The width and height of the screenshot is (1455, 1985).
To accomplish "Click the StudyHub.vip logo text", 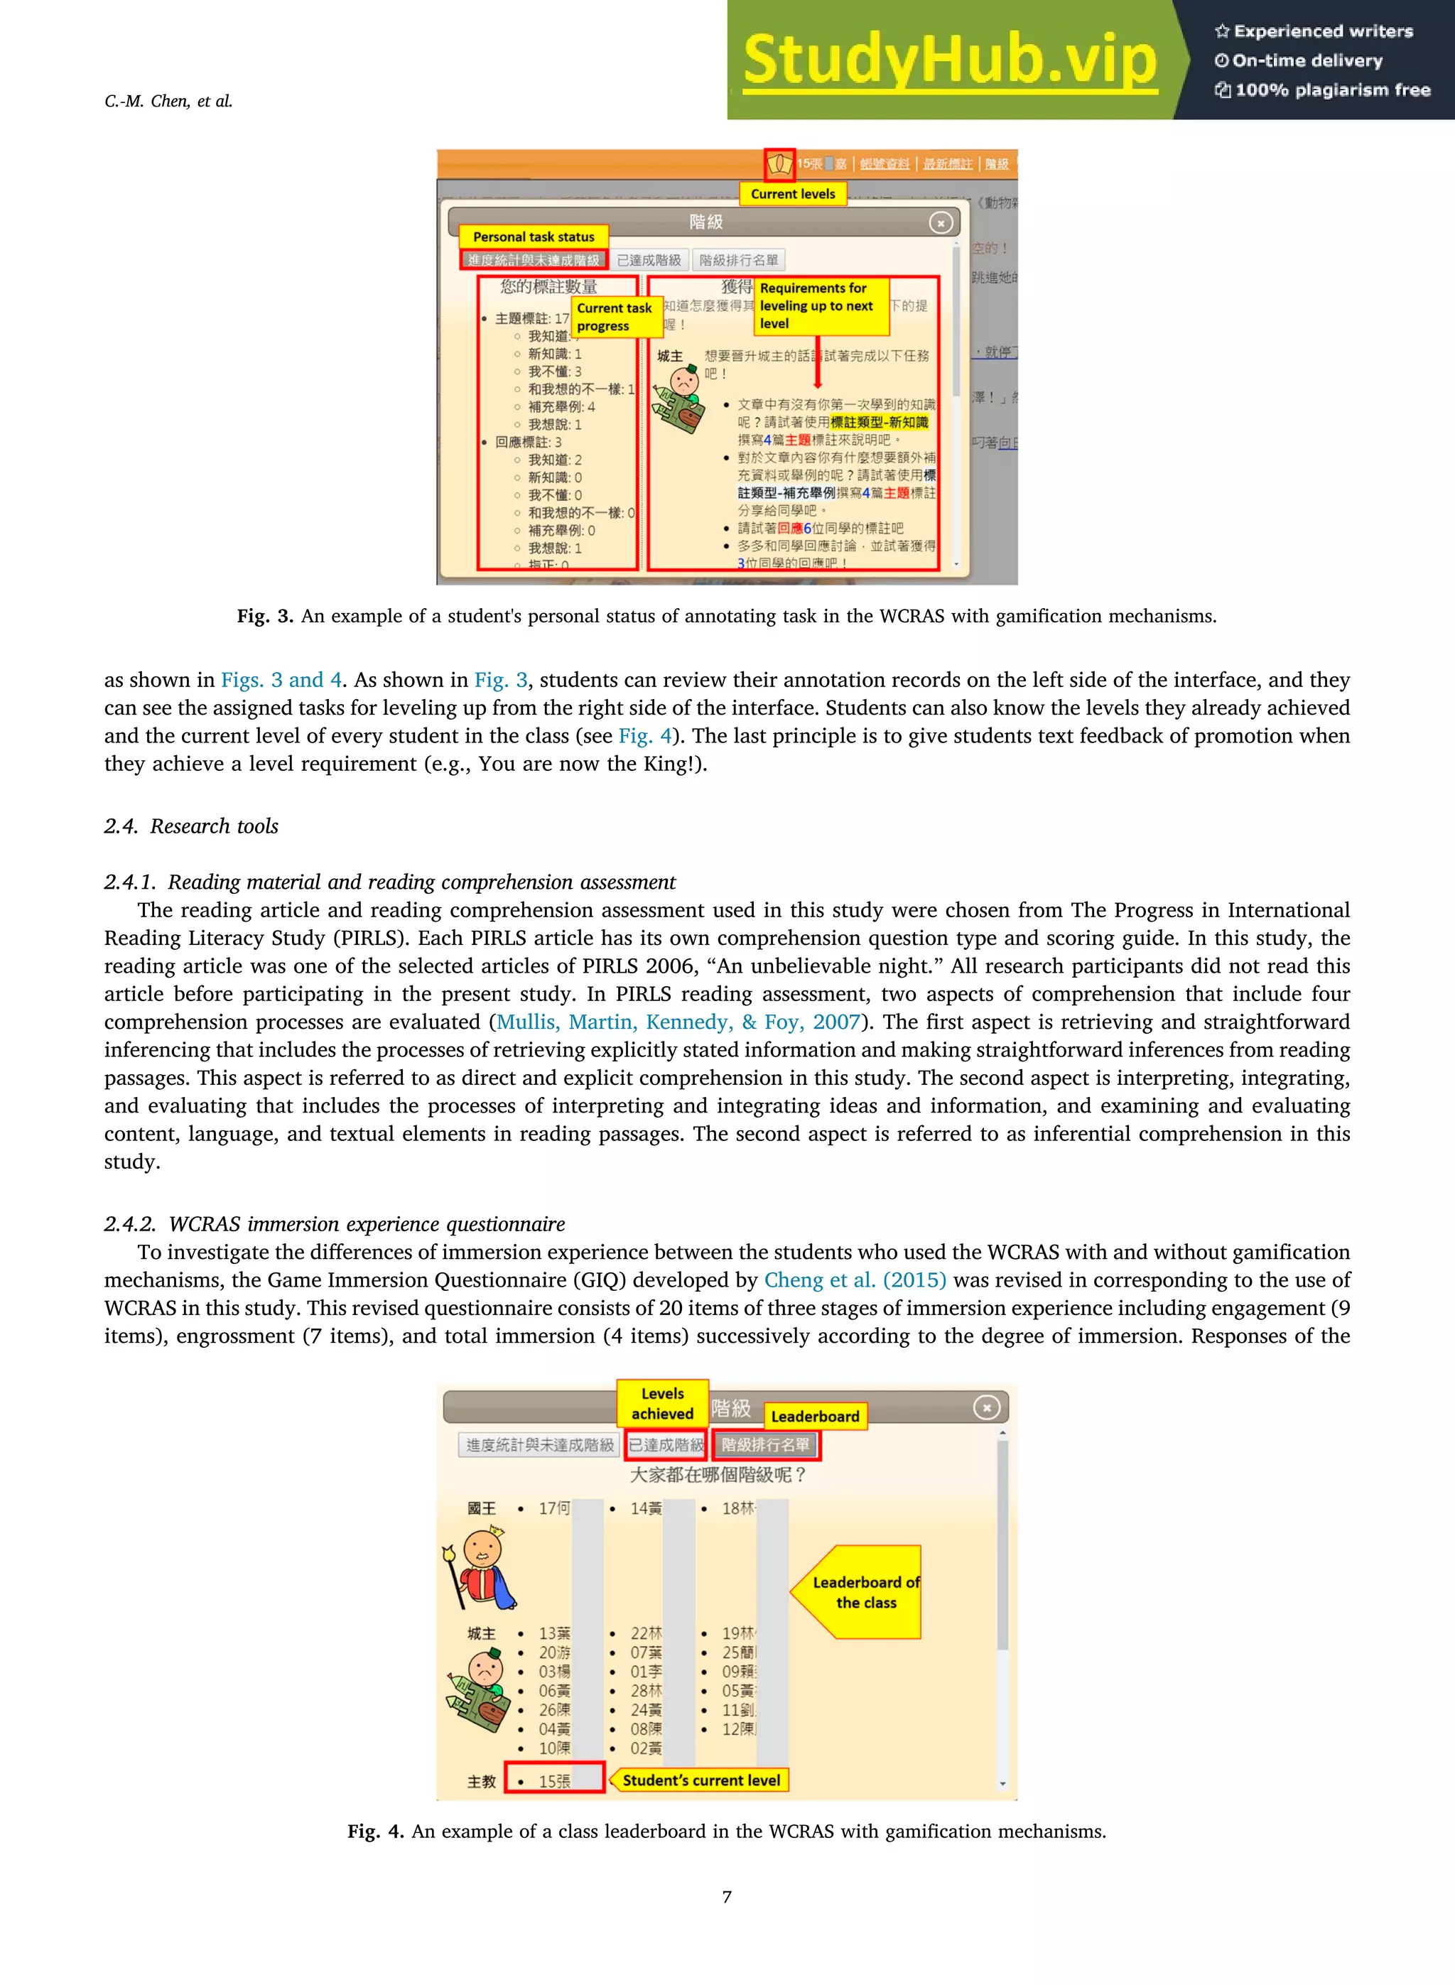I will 949,60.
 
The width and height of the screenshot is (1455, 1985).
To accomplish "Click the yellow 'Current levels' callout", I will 793,194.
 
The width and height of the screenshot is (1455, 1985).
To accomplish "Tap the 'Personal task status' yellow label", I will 533,237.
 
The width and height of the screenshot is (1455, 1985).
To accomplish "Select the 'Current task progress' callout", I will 615,317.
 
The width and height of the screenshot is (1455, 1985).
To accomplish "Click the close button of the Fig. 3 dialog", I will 941,223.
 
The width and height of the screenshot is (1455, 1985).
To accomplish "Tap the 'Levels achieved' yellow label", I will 662,1404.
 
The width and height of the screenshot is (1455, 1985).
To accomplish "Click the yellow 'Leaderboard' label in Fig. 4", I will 815,1416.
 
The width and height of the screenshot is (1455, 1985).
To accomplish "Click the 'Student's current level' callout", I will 701,1780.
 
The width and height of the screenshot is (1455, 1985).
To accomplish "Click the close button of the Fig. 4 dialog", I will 986,1408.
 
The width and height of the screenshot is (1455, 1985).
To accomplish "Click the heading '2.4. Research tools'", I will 191,826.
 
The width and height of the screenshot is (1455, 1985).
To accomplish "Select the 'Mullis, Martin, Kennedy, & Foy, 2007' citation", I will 678,1022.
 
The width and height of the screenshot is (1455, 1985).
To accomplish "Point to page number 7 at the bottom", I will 727,1896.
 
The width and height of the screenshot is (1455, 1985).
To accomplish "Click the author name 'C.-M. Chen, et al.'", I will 168,102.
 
